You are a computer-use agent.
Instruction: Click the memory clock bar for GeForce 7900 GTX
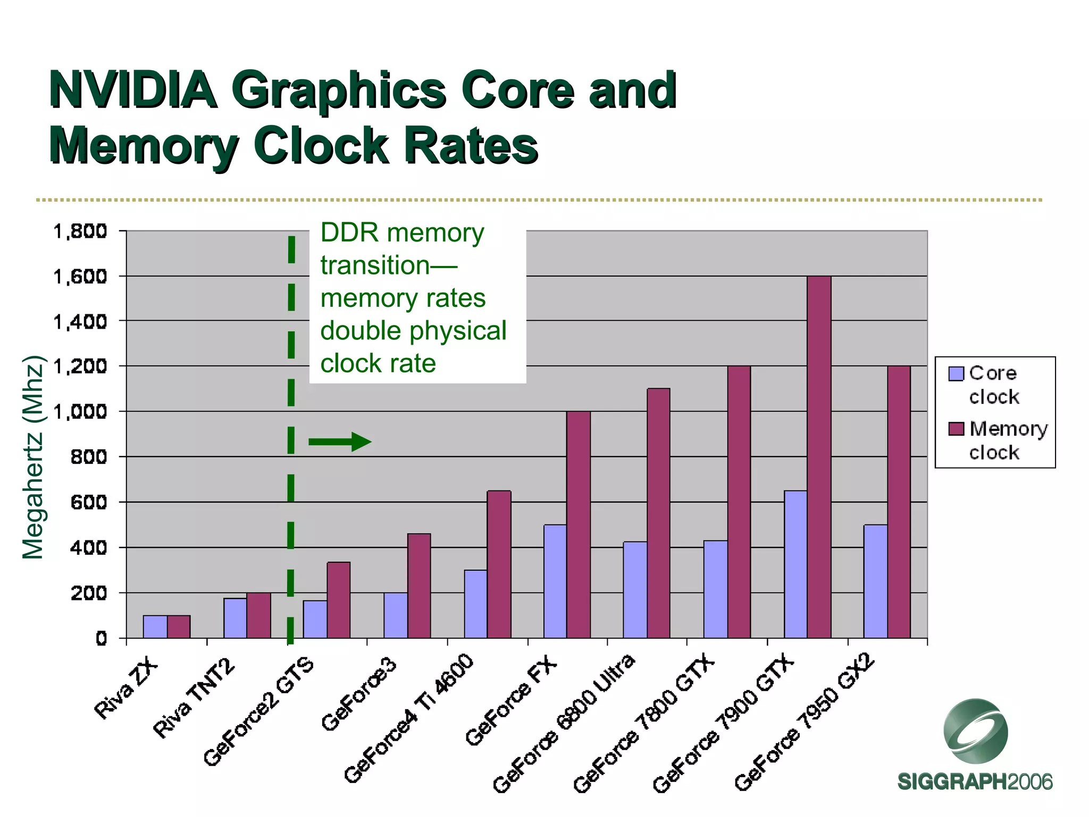(x=819, y=457)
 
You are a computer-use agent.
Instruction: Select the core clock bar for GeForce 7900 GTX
(x=795, y=564)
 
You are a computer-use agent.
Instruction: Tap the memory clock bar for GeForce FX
(x=579, y=524)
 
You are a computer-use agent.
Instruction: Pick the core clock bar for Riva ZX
(x=155, y=627)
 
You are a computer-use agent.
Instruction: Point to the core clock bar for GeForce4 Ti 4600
(x=475, y=604)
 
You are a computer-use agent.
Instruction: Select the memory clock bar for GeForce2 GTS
(x=339, y=600)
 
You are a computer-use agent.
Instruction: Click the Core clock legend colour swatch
(x=956, y=374)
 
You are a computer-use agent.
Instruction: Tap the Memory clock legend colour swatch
(x=956, y=429)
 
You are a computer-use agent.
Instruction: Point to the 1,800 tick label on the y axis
(x=80, y=231)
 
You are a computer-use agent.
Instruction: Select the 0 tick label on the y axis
(x=101, y=638)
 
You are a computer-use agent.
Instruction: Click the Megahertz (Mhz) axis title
(x=33, y=457)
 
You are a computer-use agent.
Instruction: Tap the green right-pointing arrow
(x=340, y=441)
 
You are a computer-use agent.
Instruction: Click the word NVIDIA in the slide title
(x=133, y=90)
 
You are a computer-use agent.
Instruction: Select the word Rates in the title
(x=471, y=146)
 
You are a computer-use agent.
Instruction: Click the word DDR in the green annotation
(x=349, y=233)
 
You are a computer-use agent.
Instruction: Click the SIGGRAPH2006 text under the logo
(x=975, y=782)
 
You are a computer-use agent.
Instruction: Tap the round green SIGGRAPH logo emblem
(x=975, y=731)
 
